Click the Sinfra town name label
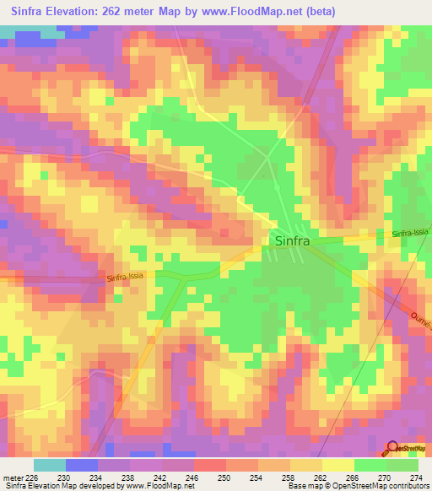[x=293, y=240]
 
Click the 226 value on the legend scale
[x=32, y=477]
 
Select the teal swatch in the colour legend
[x=50, y=465]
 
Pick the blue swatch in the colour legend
[x=82, y=465]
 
